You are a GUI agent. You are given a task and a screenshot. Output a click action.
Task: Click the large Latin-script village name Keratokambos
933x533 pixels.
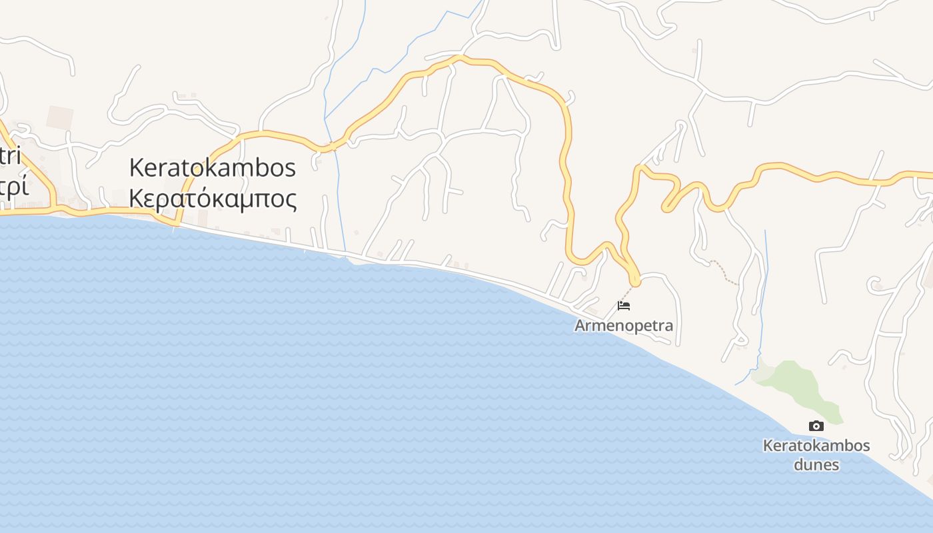(212, 167)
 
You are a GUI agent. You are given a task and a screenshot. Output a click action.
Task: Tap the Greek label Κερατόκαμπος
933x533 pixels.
(212, 198)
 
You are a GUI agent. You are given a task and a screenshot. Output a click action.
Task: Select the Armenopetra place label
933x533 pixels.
(624, 326)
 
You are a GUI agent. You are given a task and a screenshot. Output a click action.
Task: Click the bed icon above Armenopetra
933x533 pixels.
(624, 306)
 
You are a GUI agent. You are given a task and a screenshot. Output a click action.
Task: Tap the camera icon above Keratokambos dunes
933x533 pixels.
(816, 426)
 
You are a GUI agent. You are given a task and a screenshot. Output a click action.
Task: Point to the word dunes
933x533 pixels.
(816, 464)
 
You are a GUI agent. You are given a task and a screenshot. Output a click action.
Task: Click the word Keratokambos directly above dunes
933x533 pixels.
(816, 445)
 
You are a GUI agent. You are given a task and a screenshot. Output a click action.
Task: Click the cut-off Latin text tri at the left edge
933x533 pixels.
(9, 157)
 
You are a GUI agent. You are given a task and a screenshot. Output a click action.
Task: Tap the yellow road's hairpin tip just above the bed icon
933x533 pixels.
(635, 282)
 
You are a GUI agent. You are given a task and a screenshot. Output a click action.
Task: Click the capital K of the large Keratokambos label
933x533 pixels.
(137, 167)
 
